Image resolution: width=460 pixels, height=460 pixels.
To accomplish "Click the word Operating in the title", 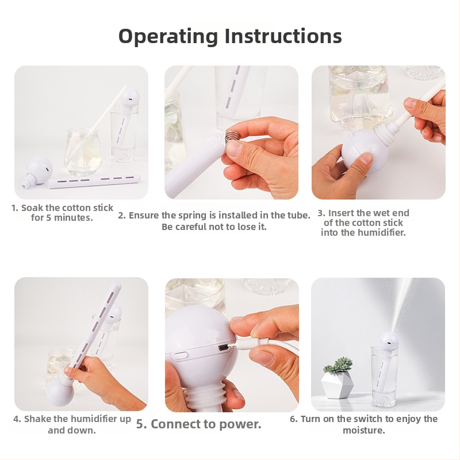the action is pos(168,37).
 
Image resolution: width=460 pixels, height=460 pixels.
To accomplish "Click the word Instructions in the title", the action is pos(283,36).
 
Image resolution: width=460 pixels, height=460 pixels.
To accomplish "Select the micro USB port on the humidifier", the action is pos(223,348).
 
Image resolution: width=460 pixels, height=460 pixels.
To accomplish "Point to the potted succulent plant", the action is pos(338,365).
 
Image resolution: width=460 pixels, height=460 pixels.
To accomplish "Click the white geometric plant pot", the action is pos(337,385).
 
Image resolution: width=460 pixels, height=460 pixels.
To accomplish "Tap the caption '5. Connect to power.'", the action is pos(198,424).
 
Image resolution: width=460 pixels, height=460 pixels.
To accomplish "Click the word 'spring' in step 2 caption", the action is pos(193,216).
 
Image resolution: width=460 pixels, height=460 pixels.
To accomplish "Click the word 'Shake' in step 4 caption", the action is pos(35,419).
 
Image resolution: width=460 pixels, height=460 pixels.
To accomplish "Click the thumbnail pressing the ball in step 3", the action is pos(366,158).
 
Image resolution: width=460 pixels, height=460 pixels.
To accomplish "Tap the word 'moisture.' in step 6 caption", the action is pos(364,430).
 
